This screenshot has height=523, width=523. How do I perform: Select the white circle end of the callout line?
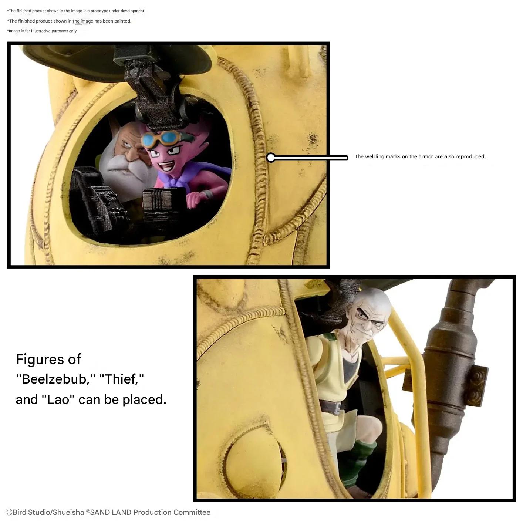[x=271, y=158]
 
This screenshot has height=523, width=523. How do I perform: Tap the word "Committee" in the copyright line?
[x=192, y=512]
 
